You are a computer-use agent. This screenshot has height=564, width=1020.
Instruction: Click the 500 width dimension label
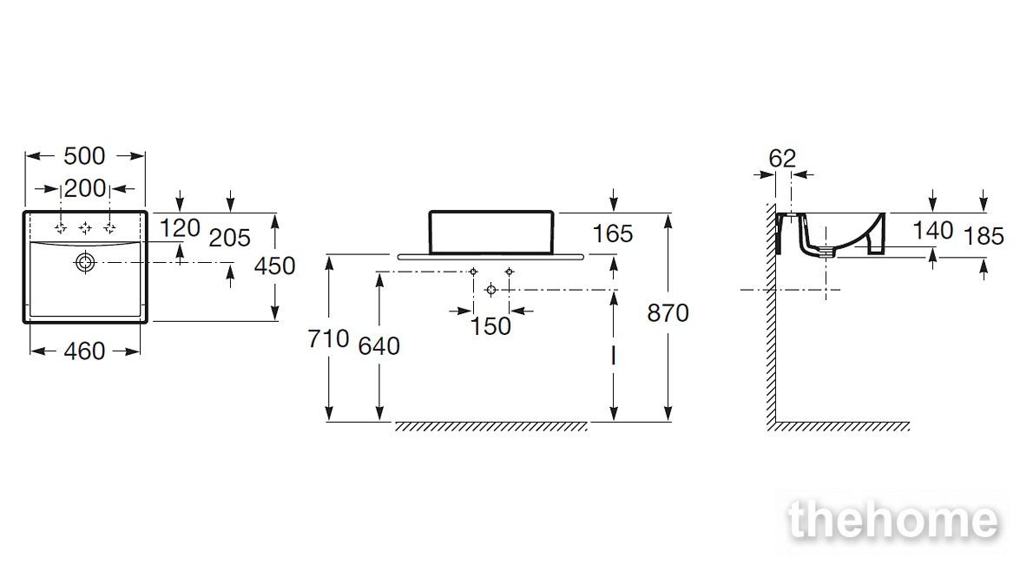84,156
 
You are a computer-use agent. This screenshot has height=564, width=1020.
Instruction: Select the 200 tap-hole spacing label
85,188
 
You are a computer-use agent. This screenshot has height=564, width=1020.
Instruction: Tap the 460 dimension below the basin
84,351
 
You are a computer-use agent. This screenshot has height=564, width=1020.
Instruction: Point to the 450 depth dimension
274,266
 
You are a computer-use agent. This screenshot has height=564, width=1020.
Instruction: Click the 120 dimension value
180,228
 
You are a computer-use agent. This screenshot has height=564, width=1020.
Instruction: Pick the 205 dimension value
230,238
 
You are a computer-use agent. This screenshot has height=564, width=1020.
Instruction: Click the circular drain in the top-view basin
85,263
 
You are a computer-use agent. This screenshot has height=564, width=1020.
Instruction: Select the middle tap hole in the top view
85,227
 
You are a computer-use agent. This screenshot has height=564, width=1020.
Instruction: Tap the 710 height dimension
328,339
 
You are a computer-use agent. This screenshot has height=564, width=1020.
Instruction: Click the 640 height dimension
379,346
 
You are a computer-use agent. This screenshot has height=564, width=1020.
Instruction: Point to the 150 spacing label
490,326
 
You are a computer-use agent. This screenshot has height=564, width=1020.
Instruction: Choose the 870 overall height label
668,313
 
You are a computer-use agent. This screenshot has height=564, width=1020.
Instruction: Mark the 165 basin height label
613,234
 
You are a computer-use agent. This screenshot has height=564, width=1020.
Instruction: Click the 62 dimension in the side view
782,159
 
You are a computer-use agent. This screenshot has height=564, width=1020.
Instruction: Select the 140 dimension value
933,230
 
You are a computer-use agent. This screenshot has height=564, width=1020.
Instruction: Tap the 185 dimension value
984,236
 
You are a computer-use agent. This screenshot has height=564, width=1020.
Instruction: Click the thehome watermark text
892,521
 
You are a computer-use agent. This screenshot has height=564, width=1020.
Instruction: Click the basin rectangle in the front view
491,211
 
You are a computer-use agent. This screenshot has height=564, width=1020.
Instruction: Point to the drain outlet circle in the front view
491,290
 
